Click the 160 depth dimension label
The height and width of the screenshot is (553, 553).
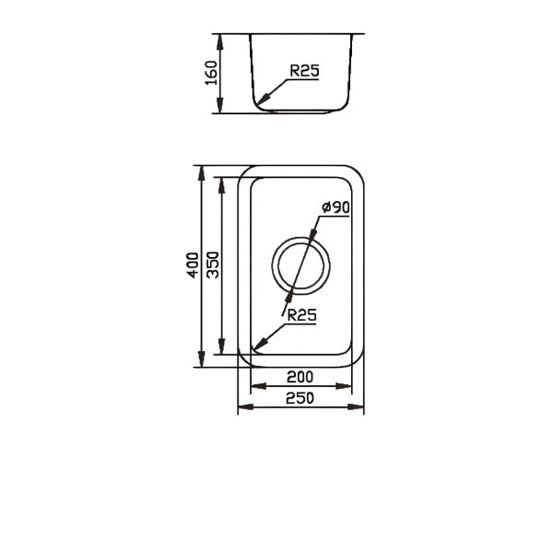click(x=211, y=73)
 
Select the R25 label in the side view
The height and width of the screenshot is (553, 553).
click(x=304, y=71)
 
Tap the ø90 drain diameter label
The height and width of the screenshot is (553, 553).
click(x=335, y=207)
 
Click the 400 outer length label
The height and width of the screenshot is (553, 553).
click(x=193, y=265)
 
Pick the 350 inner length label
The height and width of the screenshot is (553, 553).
click(x=213, y=265)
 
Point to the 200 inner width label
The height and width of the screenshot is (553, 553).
click(x=300, y=377)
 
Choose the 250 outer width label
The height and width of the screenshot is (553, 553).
click(x=300, y=398)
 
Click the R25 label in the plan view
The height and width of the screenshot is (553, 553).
click(x=302, y=315)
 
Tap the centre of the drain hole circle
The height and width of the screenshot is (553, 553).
click(x=300, y=265)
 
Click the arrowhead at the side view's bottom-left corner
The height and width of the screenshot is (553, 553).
click(x=264, y=99)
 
